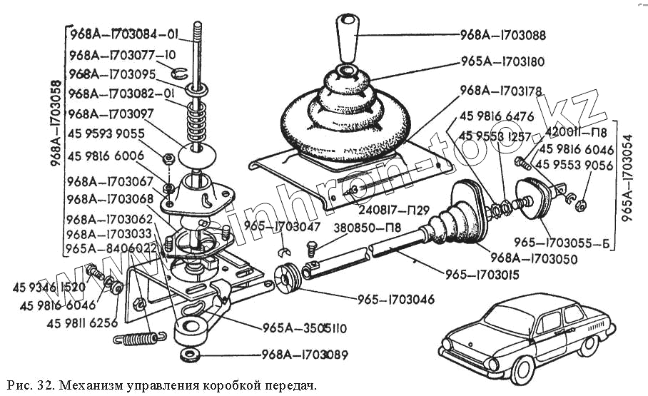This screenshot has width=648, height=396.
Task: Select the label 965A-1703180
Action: click(502, 62)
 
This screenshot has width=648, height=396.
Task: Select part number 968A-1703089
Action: click(305, 354)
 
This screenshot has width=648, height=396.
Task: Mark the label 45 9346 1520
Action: click(49, 288)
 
